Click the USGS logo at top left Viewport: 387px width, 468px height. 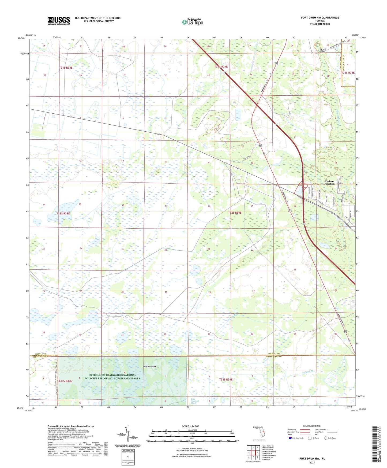click(x=59, y=21)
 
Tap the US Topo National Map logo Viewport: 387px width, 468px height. click(x=192, y=22)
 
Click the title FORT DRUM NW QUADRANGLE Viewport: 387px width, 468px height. click(x=320, y=18)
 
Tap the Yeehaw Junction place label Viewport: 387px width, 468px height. click(x=329, y=183)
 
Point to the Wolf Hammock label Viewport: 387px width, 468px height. click(x=149, y=366)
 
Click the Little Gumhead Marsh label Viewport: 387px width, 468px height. click(x=194, y=401)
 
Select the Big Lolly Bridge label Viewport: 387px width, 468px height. click(x=323, y=50)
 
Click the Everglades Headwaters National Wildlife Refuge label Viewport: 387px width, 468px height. click(x=112, y=377)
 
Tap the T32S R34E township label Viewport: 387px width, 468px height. click(x=235, y=213)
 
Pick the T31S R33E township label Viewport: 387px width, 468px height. click(x=66, y=68)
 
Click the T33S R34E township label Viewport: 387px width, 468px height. click(x=226, y=380)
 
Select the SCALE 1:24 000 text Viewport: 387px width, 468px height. click(x=190, y=426)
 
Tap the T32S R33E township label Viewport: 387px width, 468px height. click(x=63, y=213)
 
